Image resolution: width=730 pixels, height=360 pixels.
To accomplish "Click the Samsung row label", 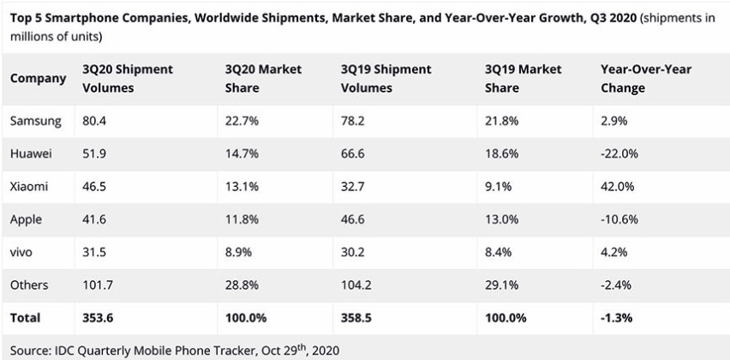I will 35,121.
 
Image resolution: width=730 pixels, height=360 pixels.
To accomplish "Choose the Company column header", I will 38,78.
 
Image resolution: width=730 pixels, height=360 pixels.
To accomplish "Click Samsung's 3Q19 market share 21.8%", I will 500,121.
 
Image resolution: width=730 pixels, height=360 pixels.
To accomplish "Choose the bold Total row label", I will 25,317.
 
